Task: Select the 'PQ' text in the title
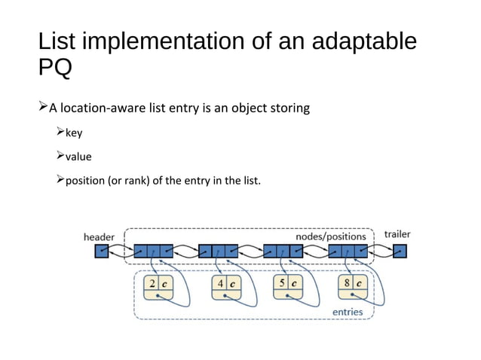(55, 69)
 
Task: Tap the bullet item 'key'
(74, 133)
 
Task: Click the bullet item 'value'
(78, 157)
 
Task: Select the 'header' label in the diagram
(99, 236)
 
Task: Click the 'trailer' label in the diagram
(397, 234)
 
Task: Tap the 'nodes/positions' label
(330, 236)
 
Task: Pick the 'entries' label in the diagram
(348, 311)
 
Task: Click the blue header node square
(102, 252)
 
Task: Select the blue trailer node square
(400, 252)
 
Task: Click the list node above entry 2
(153, 252)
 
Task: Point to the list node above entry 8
(348, 252)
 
